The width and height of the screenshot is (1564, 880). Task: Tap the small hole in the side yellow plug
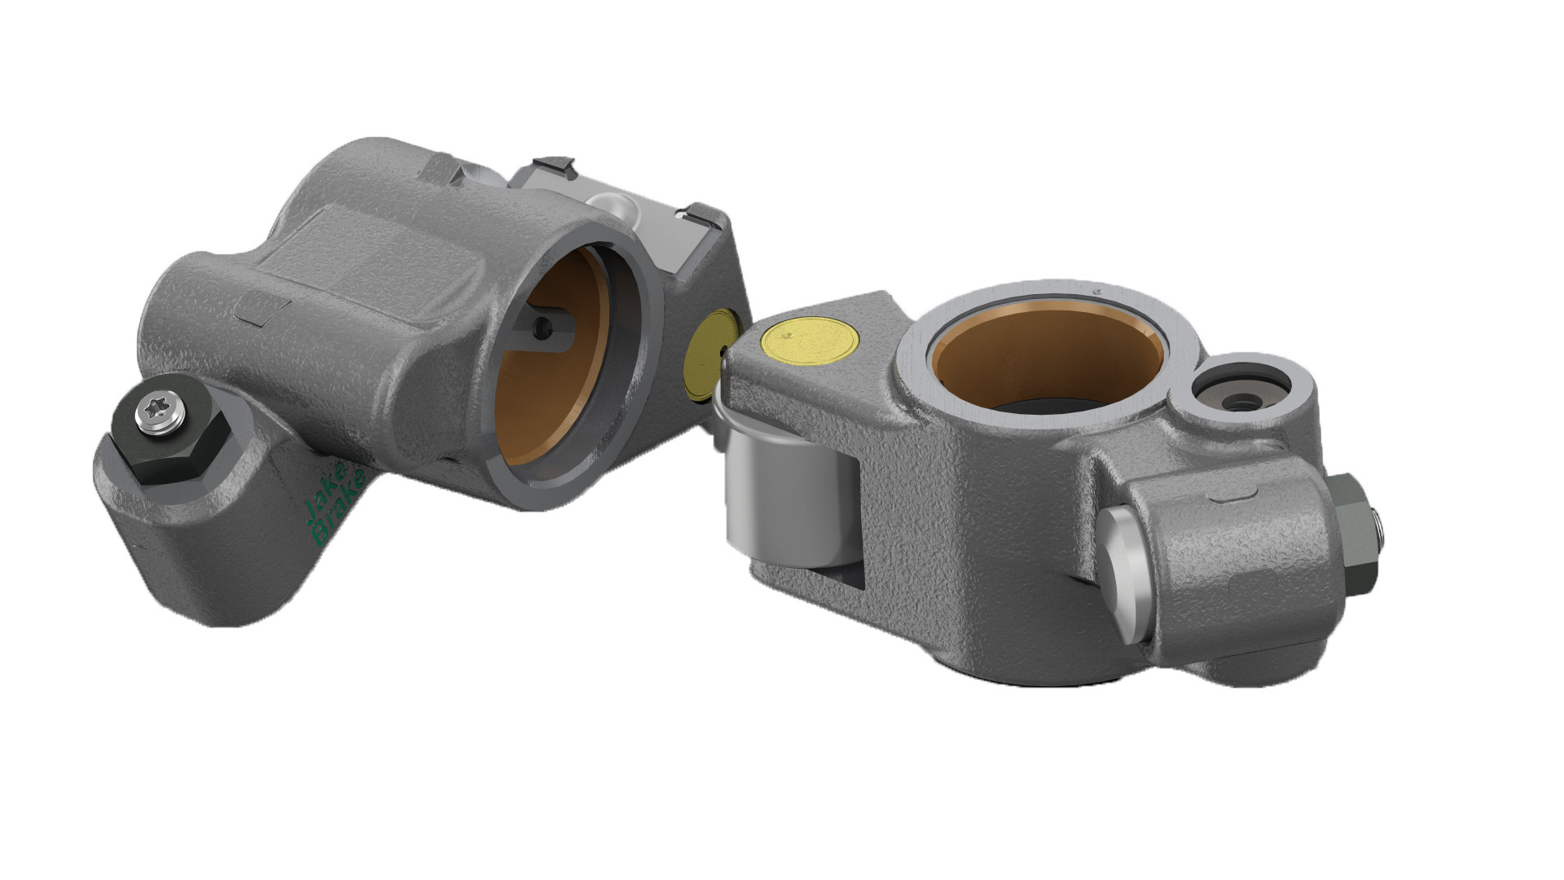click(x=724, y=352)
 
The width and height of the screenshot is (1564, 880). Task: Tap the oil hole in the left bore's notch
click(x=541, y=328)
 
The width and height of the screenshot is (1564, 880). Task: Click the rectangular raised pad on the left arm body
click(x=262, y=310)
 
